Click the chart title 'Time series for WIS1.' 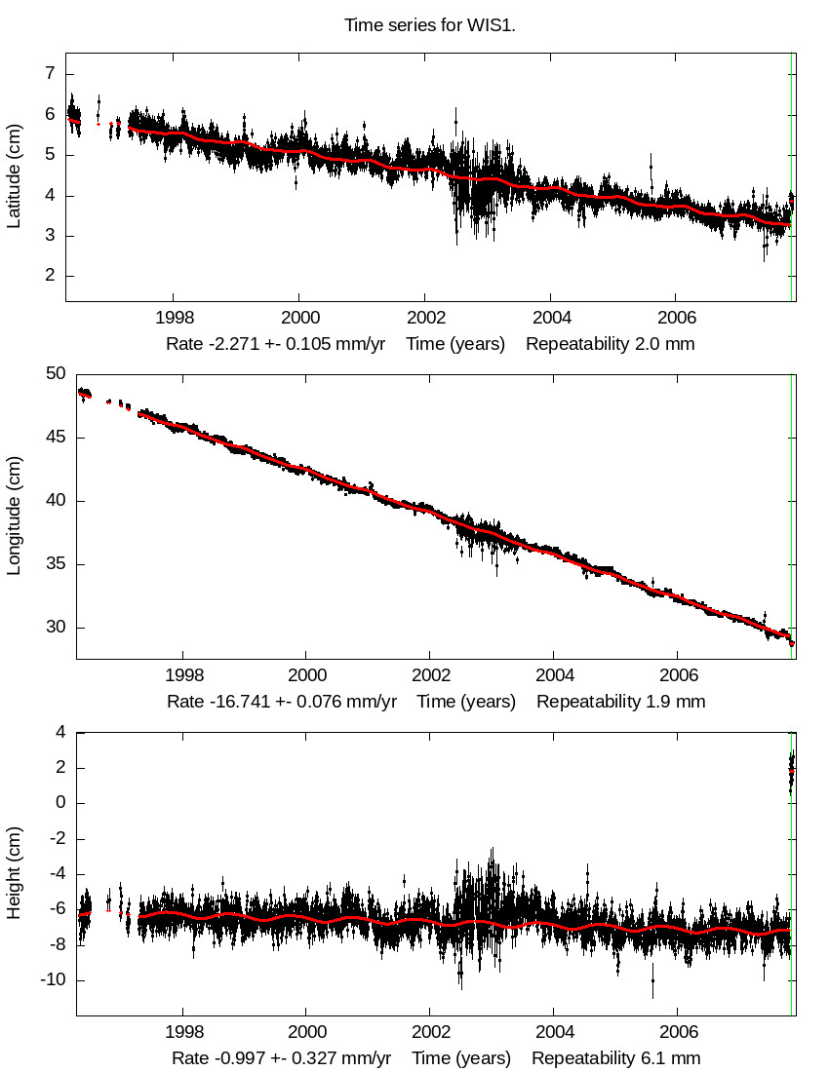[429, 24]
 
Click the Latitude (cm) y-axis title [14, 176]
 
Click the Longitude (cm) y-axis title [14, 516]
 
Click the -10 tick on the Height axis [51, 979]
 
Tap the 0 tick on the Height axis [59, 803]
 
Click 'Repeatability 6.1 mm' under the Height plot [615, 1058]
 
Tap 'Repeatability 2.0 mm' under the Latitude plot [611, 344]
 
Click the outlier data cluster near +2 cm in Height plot [791, 770]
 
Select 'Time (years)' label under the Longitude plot [466, 702]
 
